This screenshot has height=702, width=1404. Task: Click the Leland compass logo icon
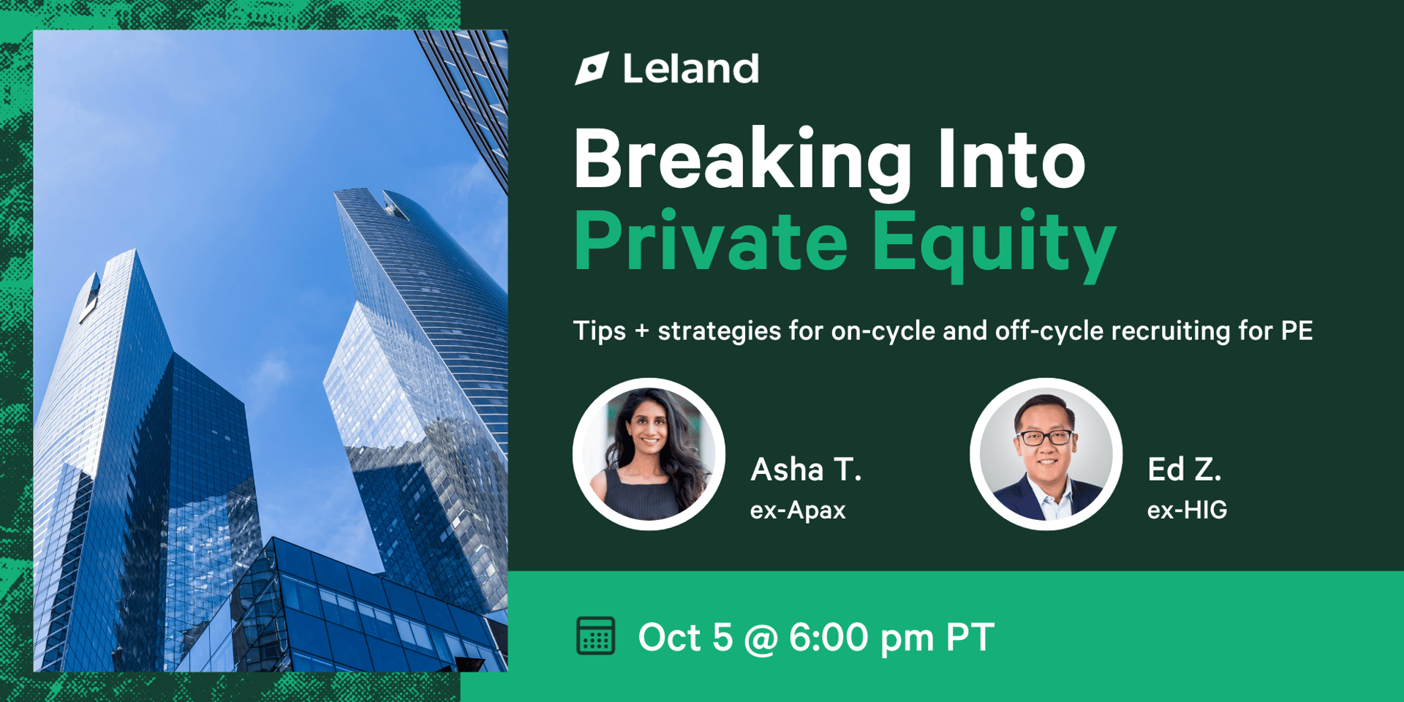592,69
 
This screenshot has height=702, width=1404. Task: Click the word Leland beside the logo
691,69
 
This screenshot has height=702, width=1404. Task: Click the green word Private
711,241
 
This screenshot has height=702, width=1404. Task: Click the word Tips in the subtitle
600,331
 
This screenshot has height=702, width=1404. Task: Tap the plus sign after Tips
642,331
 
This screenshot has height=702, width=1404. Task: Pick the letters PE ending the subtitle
1297,331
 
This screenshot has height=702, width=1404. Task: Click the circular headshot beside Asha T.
649,454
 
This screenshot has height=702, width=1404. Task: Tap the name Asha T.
806,469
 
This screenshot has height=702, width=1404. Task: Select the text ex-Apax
798,510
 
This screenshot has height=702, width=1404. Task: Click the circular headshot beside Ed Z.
1046,454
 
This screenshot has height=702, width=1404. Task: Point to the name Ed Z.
1185,469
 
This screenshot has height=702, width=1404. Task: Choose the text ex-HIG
1187,510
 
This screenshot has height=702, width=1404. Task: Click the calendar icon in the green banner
595,636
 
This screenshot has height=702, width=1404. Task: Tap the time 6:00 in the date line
829,637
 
